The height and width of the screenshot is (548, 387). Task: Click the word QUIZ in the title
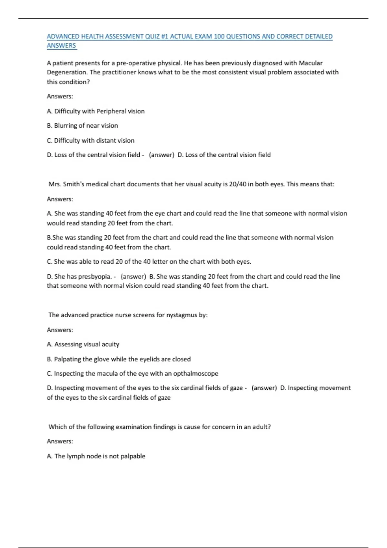(153, 36)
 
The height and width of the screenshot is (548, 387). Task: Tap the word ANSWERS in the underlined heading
(61, 46)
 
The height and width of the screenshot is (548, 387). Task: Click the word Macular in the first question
(310, 63)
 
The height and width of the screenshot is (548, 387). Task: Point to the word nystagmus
(181, 315)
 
